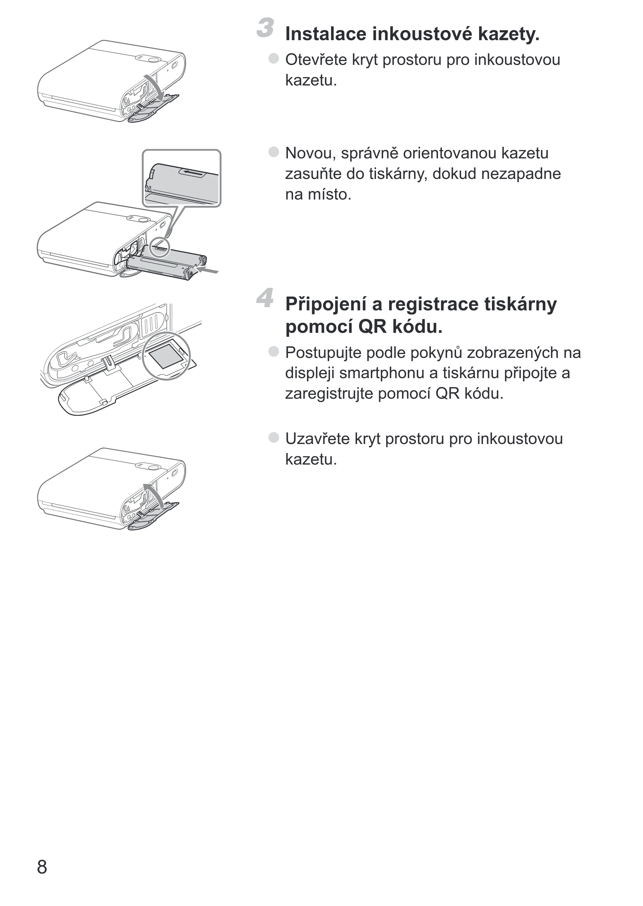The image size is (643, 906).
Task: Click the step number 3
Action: click(265, 28)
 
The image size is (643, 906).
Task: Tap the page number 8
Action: click(42, 867)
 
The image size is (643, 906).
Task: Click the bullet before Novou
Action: click(273, 152)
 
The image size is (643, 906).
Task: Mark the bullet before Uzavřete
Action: click(273, 437)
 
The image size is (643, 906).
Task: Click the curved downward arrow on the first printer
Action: click(156, 85)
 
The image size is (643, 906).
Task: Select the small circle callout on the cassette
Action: click(160, 247)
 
